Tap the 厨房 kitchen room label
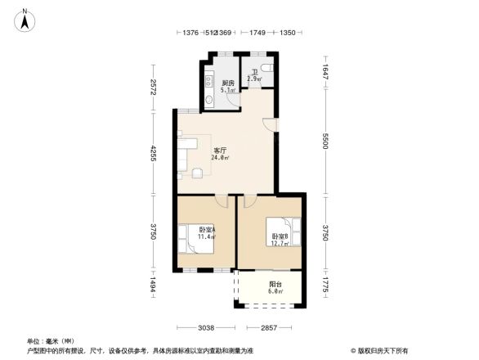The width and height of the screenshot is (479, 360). pos(229,83)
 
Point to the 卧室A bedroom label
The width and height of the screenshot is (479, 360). pos(206,230)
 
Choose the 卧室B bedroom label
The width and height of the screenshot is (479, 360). pos(280,236)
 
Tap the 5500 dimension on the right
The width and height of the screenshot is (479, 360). pos(325,142)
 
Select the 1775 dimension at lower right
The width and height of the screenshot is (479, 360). pos(325,286)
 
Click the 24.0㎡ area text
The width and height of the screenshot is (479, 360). pos(219,159)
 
